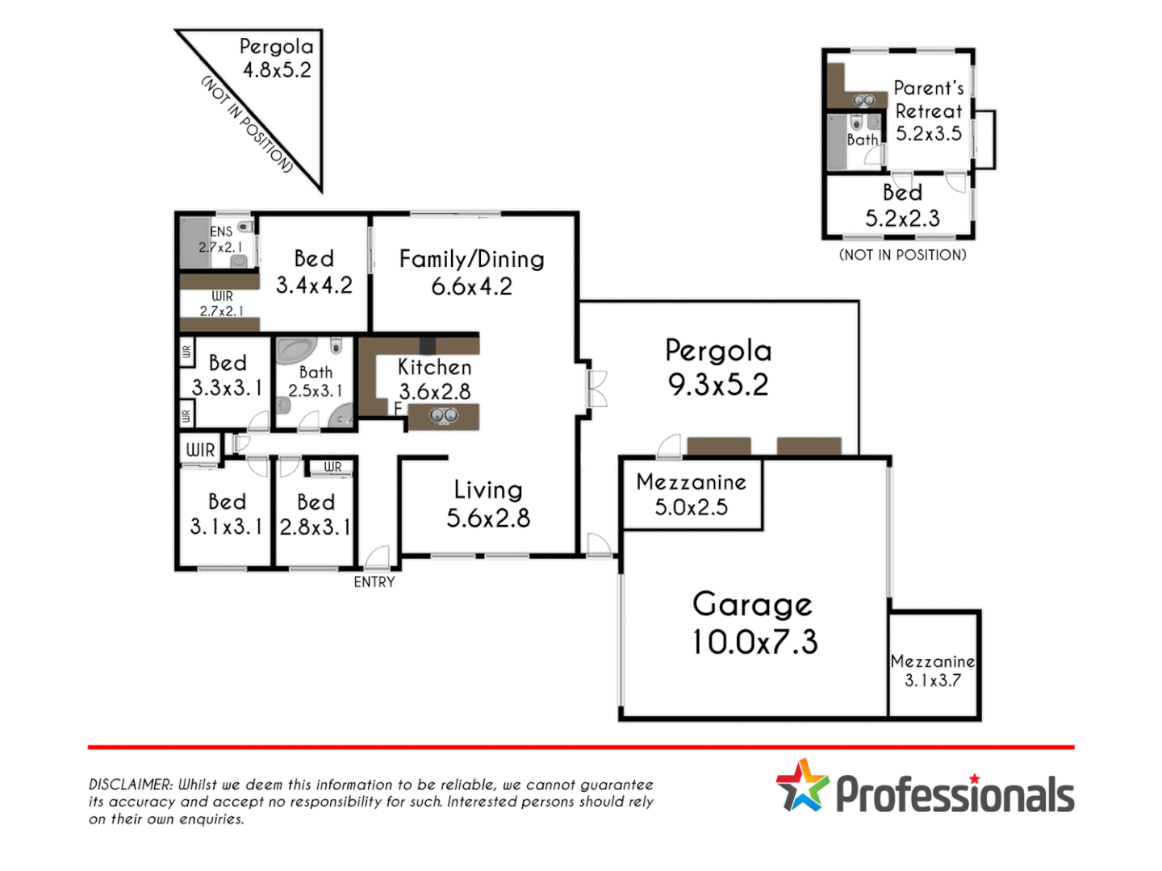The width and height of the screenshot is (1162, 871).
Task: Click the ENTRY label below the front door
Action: pyautogui.click(x=374, y=581)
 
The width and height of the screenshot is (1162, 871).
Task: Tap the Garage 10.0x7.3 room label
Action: pyautogui.click(x=754, y=623)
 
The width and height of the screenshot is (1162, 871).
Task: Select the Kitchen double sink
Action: pyautogui.click(x=444, y=416)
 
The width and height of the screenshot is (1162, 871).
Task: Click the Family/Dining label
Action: pyautogui.click(x=472, y=272)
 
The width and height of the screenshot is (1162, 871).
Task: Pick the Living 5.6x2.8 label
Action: pyautogui.click(x=488, y=503)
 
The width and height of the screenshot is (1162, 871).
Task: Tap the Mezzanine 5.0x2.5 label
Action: pyautogui.click(x=692, y=494)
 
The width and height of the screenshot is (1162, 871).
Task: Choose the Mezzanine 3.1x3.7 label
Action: pyautogui.click(x=933, y=670)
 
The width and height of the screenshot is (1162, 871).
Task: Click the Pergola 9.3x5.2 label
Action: pyautogui.click(x=718, y=367)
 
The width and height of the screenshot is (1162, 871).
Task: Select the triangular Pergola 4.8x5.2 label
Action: pyautogui.click(x=277, y=58)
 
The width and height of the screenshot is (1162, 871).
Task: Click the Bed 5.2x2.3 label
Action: pyautogui.click(x=902, y=205)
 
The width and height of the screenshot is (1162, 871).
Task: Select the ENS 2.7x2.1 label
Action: pyautogui.click(x=221, y=239)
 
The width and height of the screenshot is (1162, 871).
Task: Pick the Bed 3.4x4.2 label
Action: pyautogui.click(x=314, y=272)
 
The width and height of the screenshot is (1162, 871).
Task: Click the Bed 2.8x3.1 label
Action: pyautogui.click(x=316, y=515)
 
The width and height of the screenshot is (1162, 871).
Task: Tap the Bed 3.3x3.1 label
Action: pyautogui.click(x=228, y=375)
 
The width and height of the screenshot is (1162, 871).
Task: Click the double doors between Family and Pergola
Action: pyautogui.click(x=596, y=388)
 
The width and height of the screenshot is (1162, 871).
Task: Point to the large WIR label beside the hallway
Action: pyautogui.click(x=200, y=450)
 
